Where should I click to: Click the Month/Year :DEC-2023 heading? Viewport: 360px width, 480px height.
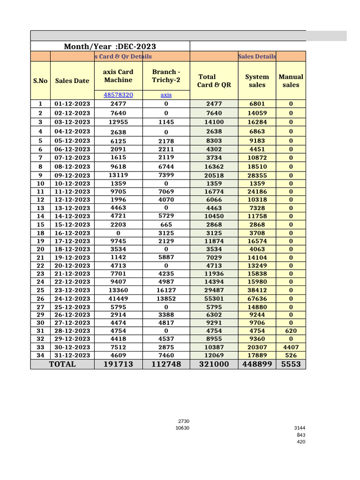(x=110, y=46)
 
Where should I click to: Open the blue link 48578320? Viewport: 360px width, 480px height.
(x=118, y=95)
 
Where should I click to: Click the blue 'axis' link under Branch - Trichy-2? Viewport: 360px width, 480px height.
(x=166, y=95)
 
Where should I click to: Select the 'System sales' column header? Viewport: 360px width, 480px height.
(x=257, y=81)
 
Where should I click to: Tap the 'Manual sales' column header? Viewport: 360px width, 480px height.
(x=291, y=81)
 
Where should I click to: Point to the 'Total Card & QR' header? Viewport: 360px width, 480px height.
(x=214, y=81)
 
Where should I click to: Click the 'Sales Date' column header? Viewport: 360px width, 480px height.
(x=72, y=81)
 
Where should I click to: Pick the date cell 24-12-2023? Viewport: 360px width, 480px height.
(x=72, y=299)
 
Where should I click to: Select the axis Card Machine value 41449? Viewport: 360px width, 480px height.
(x=118, y=299)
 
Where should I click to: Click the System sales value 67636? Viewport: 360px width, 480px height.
(x=257, y=299)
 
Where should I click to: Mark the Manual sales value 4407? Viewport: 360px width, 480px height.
(x=291, y=347)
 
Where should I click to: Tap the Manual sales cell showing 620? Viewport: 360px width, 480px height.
(x=291, y=331)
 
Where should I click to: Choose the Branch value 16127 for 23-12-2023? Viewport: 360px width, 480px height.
(x=166, y=290)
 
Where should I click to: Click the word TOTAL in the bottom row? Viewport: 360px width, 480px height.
(x=62, y=364)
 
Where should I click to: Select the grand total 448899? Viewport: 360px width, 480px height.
(x=257, y=364)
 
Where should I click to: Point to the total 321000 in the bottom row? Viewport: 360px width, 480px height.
(x=214, y=364)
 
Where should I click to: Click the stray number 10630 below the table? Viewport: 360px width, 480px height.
(x=182, y=428)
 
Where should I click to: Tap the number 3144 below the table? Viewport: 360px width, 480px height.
(x=300, y=428)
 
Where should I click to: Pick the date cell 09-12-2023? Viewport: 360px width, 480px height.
(x=72, y=176)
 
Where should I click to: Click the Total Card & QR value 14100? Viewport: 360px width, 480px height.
(x=214, y=122)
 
